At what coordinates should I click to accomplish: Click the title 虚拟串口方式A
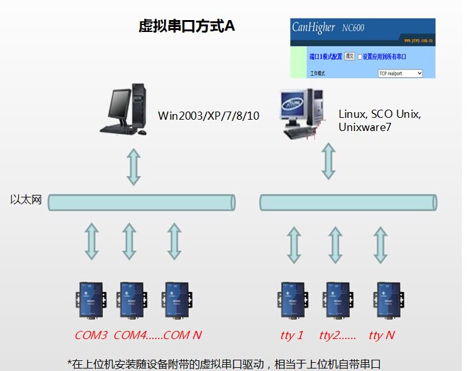coord(187,26)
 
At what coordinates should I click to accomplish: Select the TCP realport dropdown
coord(400,73)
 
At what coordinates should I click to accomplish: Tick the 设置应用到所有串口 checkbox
coord(360,56)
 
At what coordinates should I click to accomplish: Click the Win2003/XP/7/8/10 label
coord(209,115)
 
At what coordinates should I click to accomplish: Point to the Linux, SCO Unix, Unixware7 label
coord(380,120)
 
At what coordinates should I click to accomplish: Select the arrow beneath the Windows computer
coord(133,166)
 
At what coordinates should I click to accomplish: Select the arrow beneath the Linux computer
coord(328,160)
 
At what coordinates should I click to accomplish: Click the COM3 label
coord(91,335)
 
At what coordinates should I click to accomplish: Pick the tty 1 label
coord(292,335)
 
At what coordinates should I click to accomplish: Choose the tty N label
coord(382,335)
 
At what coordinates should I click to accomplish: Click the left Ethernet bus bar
coord(141,202)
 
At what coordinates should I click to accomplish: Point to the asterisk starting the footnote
coord(70,363)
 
